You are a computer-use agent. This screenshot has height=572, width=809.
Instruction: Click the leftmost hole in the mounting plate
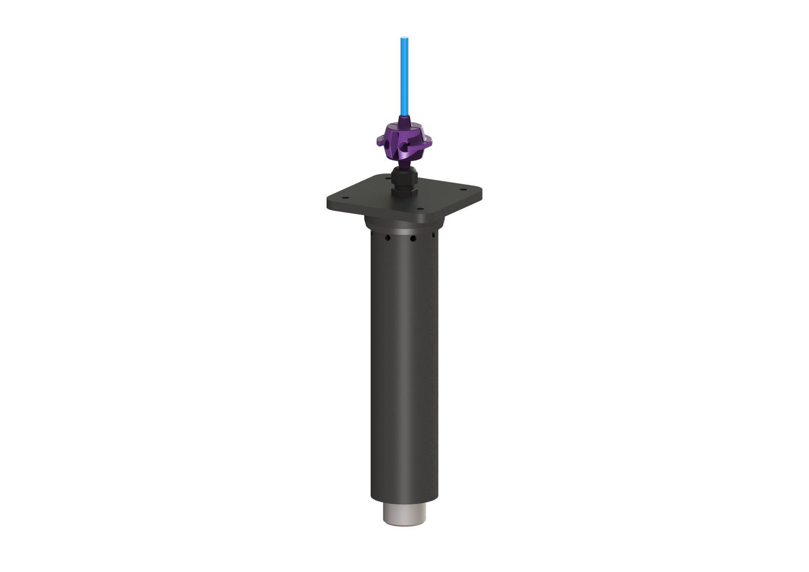pyautogui.click(x=345, y=198)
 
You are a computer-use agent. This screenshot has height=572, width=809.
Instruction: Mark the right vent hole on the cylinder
pyautogui.click(x=434, y=235)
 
